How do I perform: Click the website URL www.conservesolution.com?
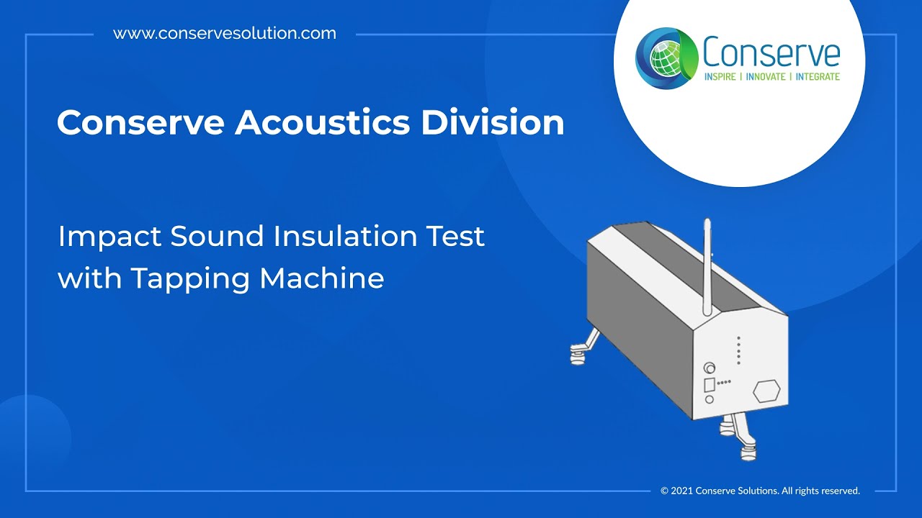coord(225,33)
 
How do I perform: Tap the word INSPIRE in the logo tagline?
coord(720,76)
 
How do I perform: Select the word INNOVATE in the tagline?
coord(766,76)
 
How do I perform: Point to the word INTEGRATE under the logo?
coord(818,76)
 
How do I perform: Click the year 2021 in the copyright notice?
coord(682,491)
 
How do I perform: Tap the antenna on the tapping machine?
coord(707,266)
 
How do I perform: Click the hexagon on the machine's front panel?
coord(766,391)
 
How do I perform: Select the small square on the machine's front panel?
coord(709,384)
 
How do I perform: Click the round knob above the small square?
coord(710,368)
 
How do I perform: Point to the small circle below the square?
coord(710,399)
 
